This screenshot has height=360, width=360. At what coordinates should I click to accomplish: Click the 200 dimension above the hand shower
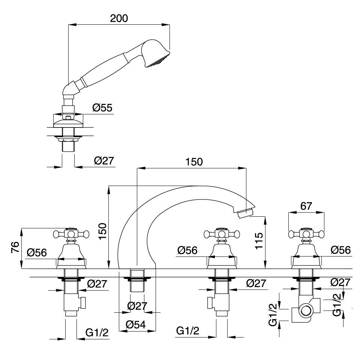[x=119, y=19]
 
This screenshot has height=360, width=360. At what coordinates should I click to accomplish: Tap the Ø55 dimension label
[x=102, y=108]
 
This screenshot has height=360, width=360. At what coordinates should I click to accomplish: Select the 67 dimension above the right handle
[x=306, y=206]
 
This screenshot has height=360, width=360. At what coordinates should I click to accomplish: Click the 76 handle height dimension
[x=15, y=248]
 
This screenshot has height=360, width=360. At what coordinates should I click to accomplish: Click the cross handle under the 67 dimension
[x=306, y=234]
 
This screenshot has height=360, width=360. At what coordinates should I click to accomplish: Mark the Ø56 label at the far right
[x=340, y=250]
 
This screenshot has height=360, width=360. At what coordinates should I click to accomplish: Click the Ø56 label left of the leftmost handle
[x=37, y=252]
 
